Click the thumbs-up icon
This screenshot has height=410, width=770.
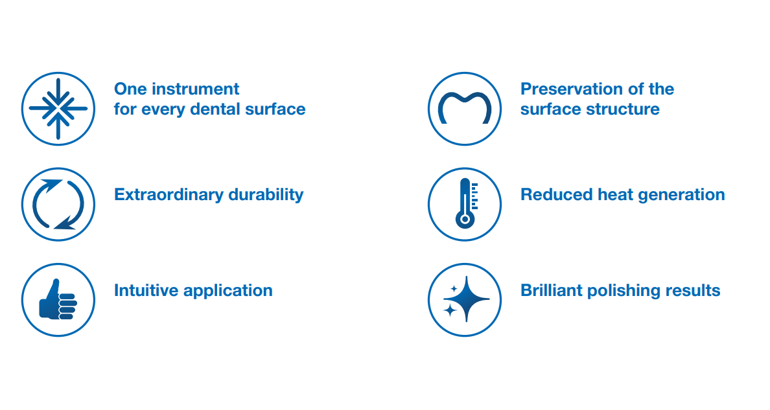(x=58, y=300)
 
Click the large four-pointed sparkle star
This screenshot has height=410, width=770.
(x=467, y=299)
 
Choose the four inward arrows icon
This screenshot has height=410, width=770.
(x=58, y=109)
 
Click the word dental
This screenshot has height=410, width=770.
(x=215, y=109)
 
